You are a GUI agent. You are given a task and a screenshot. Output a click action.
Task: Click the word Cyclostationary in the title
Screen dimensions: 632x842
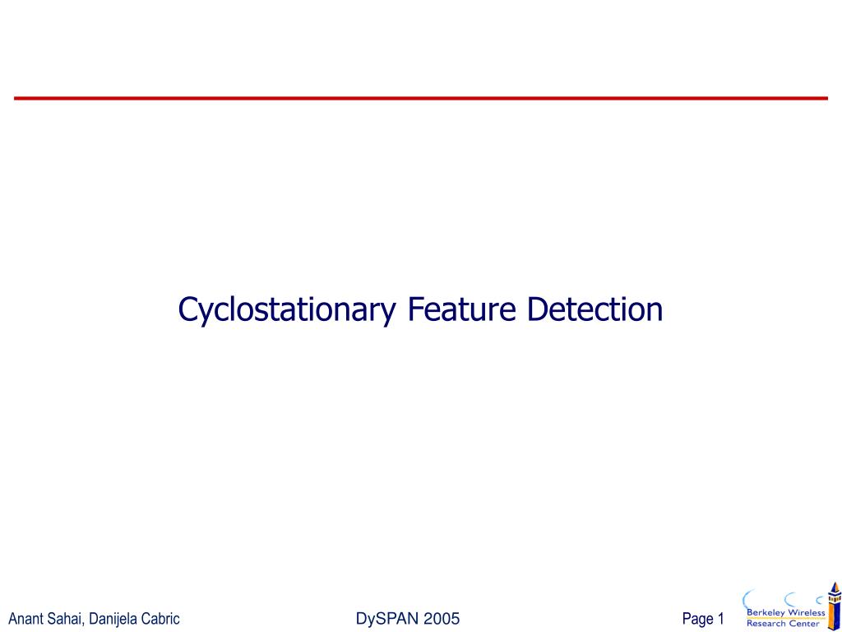coord(287,310)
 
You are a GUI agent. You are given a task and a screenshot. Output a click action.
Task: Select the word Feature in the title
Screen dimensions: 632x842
coord(461,309)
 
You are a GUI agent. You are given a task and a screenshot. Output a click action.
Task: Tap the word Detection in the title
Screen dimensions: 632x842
coord(594,309)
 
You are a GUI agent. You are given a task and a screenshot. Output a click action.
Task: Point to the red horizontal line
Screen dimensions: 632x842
coord(421,98)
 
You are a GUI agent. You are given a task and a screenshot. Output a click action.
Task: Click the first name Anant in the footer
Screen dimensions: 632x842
coord(25,619)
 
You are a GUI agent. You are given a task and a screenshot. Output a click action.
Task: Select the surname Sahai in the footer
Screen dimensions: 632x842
coord(63,619)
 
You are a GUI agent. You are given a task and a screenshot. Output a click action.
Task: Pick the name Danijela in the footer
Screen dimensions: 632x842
coord(113,619)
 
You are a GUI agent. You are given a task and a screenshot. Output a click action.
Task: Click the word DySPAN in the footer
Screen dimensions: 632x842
coord(386,619)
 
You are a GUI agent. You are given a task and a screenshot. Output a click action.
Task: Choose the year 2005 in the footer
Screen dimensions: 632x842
coord(441,619)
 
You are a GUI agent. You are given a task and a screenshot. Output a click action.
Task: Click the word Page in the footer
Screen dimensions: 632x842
coord(697,619)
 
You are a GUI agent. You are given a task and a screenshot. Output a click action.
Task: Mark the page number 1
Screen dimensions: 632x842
coord(720,619)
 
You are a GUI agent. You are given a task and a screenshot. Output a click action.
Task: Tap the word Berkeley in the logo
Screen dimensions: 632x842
coord(765,612)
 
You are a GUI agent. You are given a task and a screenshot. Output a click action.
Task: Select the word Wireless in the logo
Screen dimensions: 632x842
coord(806,612)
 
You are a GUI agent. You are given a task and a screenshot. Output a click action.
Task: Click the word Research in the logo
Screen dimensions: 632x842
coord(766,623)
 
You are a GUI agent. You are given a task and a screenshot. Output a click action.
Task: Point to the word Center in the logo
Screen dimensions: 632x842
coord(803,623)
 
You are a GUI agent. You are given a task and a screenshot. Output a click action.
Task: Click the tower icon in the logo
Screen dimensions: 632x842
coord(834,607)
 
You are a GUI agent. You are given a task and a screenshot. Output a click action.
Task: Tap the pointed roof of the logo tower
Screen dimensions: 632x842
coord(835,587)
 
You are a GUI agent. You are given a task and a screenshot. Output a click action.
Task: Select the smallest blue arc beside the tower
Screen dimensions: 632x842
coord(819,600)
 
